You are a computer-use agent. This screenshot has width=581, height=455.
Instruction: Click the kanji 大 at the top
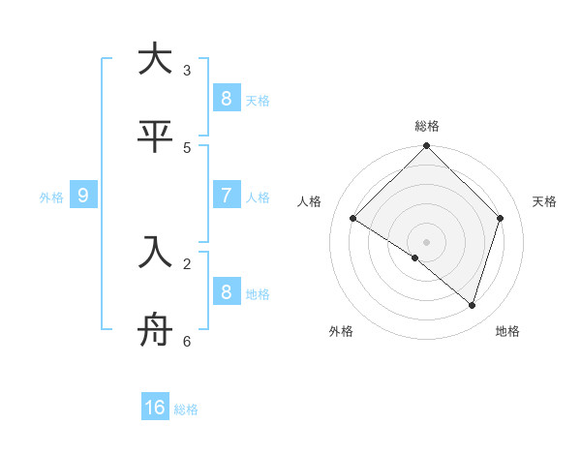155,59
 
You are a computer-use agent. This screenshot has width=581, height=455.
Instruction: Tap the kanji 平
155,136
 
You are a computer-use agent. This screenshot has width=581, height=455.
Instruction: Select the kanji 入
155,253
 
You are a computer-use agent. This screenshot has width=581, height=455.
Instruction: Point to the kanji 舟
155,330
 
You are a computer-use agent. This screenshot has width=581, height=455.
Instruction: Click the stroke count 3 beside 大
187,71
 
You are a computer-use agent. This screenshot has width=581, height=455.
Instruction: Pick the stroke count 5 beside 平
187,148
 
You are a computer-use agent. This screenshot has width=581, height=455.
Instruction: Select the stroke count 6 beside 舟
187,342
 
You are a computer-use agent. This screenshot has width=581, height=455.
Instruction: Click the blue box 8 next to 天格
226,98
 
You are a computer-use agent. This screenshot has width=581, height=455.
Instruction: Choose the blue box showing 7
226,195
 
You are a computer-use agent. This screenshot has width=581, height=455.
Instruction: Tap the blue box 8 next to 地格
226,291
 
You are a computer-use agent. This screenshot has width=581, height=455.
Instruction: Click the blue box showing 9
83,196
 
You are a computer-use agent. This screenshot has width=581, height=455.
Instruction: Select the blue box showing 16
155,408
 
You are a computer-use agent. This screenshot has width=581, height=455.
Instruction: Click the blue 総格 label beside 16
186,409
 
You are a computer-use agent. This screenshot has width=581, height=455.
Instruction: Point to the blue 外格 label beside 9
51,197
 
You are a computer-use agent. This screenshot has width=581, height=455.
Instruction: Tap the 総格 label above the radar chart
427,126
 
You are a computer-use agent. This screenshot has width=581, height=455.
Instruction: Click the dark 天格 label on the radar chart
545,201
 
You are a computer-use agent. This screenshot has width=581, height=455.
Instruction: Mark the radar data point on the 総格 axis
427,147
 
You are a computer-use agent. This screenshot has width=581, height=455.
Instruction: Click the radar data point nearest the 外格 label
415,258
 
